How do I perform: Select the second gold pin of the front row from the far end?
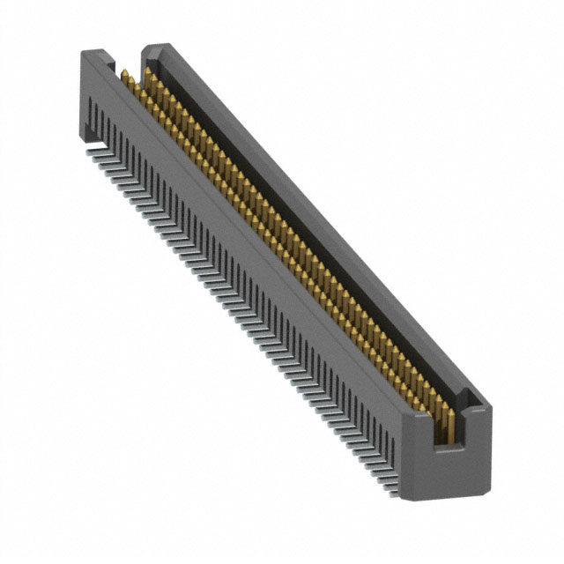(x=130, y=85)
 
